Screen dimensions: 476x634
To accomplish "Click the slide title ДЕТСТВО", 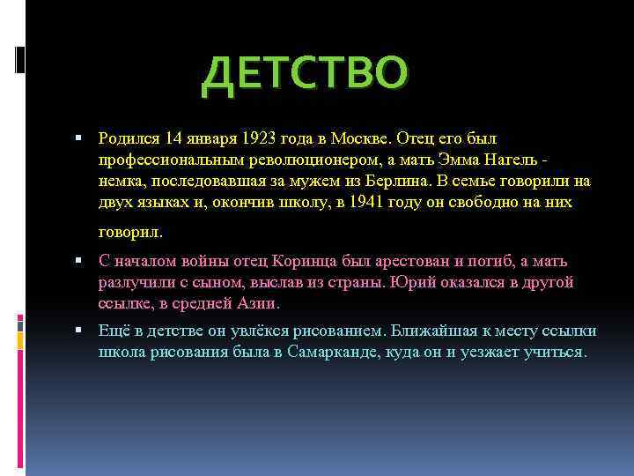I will click(x=306, y=76).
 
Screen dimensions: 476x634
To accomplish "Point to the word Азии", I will click(x=262, y=304).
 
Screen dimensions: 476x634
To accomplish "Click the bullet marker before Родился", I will click(x=78, y=138).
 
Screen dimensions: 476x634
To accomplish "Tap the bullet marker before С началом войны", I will click(x=78, y=262).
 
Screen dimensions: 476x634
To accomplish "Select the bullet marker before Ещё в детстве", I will click(x=78, y=331).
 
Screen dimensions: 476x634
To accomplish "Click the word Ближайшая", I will click(x=427, y=331).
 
